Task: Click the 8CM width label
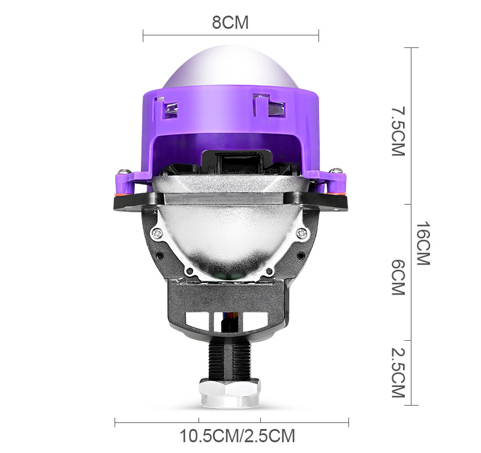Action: coord(230,23)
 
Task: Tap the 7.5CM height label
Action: coord(397,131)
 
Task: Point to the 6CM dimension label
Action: coord(397,277)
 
